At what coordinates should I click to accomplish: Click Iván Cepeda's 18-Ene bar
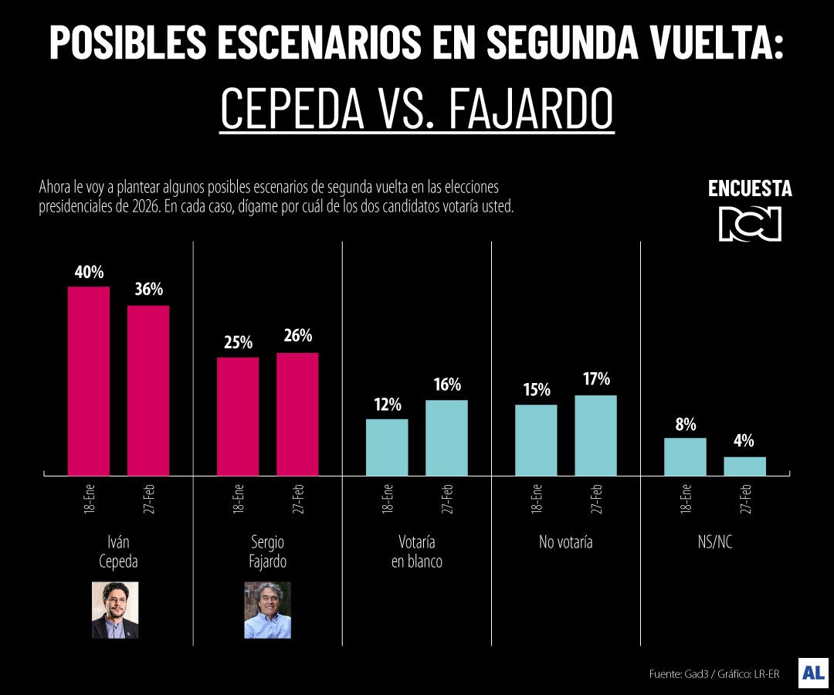[89, 381]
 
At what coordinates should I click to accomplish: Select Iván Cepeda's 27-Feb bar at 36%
[148, 390]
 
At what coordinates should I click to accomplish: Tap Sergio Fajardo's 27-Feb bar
[297, 414]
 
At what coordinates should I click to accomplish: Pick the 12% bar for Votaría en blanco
[387, 447]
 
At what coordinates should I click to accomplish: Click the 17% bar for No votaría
[595, 436]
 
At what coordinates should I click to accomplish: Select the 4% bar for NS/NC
[744, 466]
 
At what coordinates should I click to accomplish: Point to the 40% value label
[89, 273]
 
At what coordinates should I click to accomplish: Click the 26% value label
[297, 336]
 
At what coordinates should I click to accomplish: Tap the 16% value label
[446, 384]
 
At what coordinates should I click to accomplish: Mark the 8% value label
[685, 424]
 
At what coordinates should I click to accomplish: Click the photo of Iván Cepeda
[114, 610]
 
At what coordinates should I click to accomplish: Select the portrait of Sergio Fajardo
[267, 610]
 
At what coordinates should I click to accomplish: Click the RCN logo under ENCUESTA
[750, 224]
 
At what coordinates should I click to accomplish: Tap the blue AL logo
[813, 673]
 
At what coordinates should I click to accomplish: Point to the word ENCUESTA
[750, 189]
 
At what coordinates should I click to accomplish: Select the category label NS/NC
[714, 542]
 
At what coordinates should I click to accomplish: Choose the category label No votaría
[565, 542]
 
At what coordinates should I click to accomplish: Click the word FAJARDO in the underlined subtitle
[531, 110]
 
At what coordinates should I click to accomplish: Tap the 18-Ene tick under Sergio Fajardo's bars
[238, 500]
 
